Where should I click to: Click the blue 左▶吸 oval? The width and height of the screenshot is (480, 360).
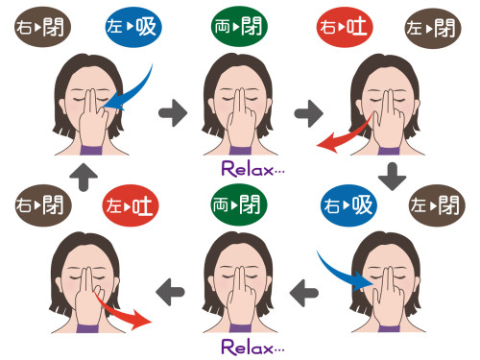(133, 27)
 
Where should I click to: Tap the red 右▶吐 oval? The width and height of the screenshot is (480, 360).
(345, 27)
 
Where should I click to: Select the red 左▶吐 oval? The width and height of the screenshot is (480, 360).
(131, 205)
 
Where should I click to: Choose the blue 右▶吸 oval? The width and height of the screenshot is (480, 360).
(348, 205)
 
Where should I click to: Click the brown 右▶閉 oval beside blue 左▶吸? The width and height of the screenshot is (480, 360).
(42, 27)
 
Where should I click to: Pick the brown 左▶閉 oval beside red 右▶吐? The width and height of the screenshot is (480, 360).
(433, 28)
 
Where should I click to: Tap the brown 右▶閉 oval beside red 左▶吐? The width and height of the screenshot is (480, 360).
(43, 205)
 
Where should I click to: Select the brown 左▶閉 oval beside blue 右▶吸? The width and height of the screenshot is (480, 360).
(437, 205)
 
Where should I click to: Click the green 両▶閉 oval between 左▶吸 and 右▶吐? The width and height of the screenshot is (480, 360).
(239, 26)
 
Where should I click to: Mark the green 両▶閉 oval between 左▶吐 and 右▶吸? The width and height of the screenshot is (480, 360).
(238, 204)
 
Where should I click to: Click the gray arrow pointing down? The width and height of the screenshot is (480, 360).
(393, 177)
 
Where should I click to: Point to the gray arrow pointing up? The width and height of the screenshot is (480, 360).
(84, 177)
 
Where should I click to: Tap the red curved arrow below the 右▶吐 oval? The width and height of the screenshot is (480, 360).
(344, 136)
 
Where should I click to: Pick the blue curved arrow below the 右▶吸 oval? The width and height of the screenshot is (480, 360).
(341, 275)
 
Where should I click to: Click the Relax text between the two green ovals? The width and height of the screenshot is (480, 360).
(252, 169)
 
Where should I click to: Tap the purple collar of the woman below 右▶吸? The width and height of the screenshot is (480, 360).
(389, 328)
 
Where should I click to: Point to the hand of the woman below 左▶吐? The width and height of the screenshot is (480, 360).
(88, 300)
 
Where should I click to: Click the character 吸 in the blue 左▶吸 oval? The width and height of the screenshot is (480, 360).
(146, 27)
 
